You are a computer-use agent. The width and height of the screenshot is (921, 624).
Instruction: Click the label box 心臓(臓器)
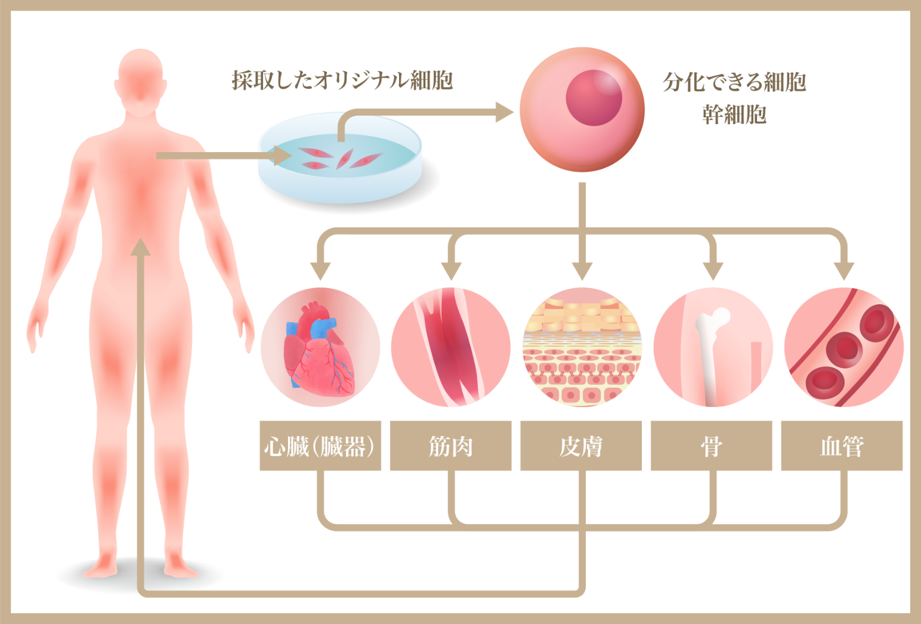[x=320, y=446]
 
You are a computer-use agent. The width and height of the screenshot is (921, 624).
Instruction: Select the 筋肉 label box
[x=450, y=446]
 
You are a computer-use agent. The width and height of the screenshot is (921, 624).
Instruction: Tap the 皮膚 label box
[x=581, y=446]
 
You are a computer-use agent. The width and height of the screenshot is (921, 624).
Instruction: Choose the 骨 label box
[x=711, y=446]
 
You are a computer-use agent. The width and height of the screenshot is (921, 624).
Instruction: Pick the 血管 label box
[x=842, y=446]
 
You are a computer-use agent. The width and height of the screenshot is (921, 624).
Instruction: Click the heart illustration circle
[x=320, y=347]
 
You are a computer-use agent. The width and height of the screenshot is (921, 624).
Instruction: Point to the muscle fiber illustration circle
[x=451, y=347]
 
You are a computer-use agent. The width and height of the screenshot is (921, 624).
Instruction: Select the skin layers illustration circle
[x=582, y=347]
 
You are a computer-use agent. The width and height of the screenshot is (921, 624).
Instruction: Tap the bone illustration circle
[x=713, y=347]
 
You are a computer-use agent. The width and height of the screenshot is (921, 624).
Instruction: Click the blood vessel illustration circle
[x=843, y=347]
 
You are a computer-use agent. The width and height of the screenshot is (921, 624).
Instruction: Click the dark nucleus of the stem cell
[x=594, y=98]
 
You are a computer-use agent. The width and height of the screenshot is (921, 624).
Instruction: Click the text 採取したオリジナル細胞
[x=342, y=80]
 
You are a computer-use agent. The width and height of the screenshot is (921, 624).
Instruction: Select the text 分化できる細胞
[x=734, y=82]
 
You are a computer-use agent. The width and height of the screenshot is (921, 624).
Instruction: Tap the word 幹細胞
[x=734, y=114]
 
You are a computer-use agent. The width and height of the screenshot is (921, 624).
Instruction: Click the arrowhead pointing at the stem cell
[x=505, y=112]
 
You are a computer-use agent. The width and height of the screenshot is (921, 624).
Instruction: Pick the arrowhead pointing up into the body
[x=141, y=247]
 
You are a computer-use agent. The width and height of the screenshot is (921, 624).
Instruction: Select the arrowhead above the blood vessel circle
[x=843, y=271]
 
